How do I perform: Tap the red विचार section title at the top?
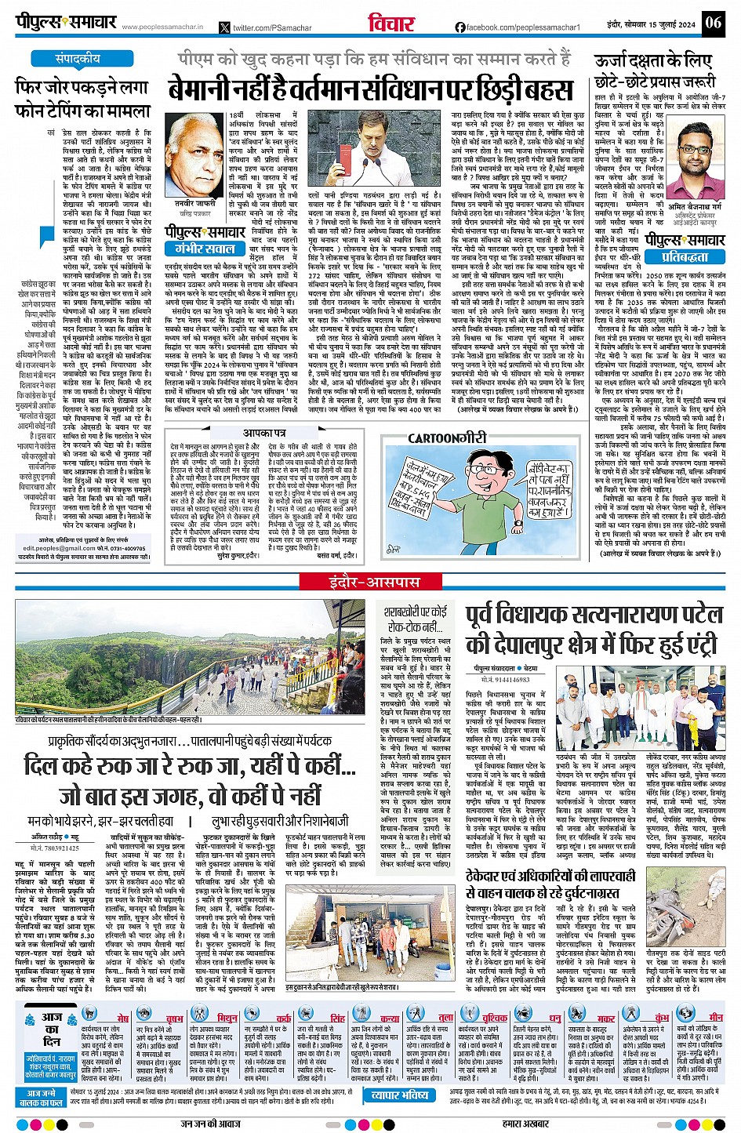pos(390,23)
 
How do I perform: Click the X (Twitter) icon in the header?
pos(225,27)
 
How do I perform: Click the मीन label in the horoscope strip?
pos(716,1017)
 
